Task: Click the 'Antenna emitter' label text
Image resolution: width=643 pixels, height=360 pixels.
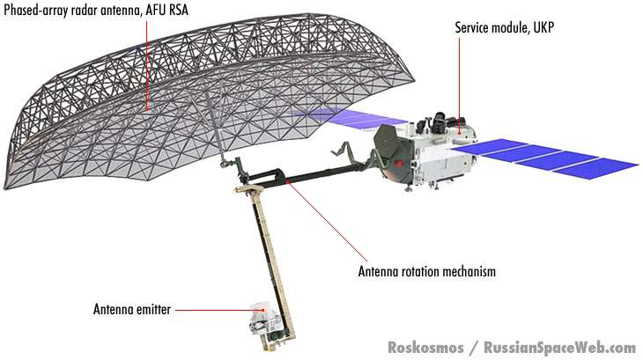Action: point(132,309)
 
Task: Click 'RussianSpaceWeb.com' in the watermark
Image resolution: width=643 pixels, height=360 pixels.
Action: point(558,347)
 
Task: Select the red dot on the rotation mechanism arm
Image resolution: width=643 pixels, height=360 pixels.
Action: point(286,182)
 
